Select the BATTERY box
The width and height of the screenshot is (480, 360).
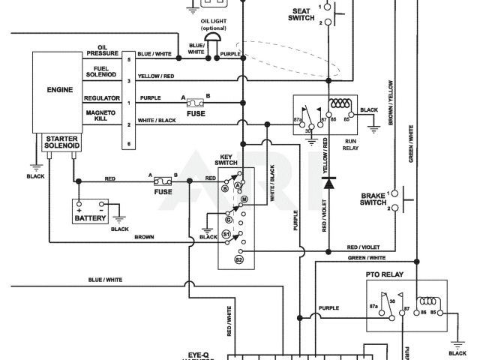pos(91,211)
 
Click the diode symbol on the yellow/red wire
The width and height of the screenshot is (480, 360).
pos(328,181)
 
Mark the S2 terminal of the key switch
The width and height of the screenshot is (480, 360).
pos(239,259)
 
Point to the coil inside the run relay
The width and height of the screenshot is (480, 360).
pos(343,103)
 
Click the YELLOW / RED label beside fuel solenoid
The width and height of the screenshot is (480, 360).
pos(155,76)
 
